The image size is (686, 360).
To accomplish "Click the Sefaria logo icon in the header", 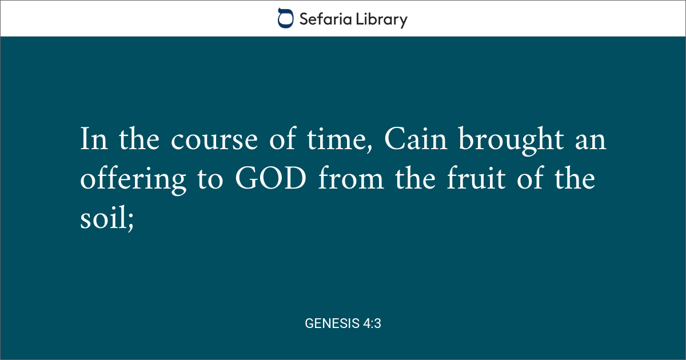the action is (285, 18).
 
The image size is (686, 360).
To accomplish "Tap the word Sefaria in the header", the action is (325, 19).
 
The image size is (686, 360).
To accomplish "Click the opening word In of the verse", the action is (94, 139).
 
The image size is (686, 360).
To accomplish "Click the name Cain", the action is (416, 139).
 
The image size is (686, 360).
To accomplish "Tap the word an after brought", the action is (591, 141).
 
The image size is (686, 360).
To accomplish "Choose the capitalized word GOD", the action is (271, 178).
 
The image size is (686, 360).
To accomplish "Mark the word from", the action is (351, 178).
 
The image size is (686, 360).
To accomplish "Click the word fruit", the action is (476, 178).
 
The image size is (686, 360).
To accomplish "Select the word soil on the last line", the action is (103, 217).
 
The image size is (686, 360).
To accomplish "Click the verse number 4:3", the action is (372, 323).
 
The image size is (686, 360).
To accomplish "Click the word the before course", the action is (139, 138).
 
